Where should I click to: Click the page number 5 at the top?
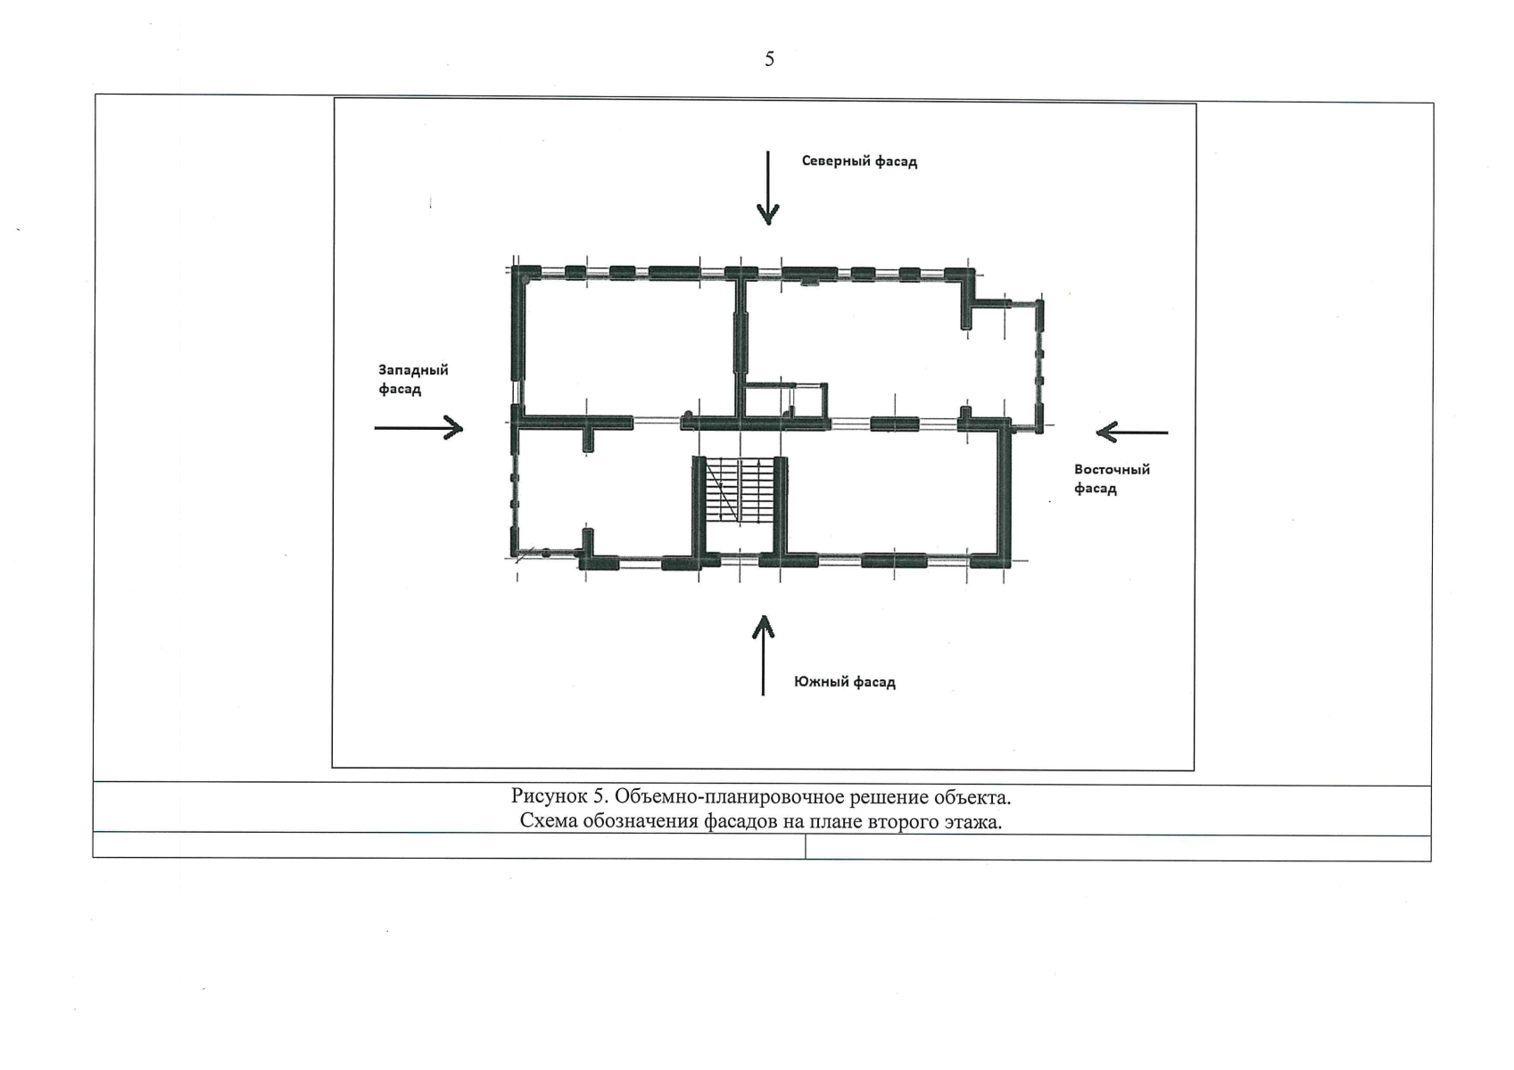(x=769, y=60)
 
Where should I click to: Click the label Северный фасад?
(x=859, y=161)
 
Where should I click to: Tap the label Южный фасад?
(x=845, y=682)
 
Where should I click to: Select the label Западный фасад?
(x=413, y=379)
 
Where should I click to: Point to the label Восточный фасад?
(x=1112, y=479)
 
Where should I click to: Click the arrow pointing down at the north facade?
(x=768, y=188)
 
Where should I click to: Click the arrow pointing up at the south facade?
(x=763, y=655)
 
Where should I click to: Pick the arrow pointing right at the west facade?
(x=419, y=428)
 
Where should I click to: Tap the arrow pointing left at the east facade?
(x=1132, y=432)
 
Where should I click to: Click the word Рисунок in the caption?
(x=549, y=797)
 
